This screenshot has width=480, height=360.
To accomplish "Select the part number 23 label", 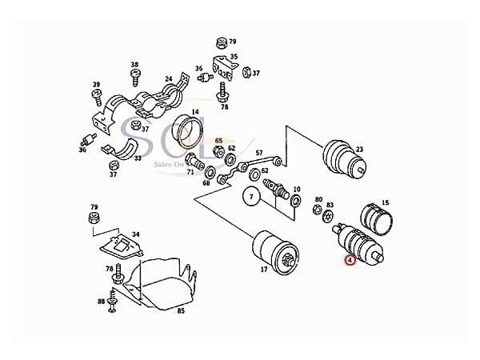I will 359,150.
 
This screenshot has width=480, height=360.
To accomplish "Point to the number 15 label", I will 385,203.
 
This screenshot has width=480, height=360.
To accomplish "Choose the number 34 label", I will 135,234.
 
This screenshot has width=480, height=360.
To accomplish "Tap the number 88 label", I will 102,301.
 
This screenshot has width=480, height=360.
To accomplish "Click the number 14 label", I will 194,111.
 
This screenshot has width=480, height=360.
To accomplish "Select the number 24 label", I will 169,79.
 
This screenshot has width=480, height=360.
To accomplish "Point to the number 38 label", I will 134,64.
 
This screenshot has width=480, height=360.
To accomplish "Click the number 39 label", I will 96,85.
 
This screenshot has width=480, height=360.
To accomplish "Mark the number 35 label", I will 234,57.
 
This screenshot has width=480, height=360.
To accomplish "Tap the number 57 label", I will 259,152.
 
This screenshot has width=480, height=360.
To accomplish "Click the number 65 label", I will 218,141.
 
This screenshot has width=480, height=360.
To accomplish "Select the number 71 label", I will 190,172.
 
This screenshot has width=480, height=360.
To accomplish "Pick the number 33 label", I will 137,158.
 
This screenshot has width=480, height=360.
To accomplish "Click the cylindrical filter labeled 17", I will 275,249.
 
